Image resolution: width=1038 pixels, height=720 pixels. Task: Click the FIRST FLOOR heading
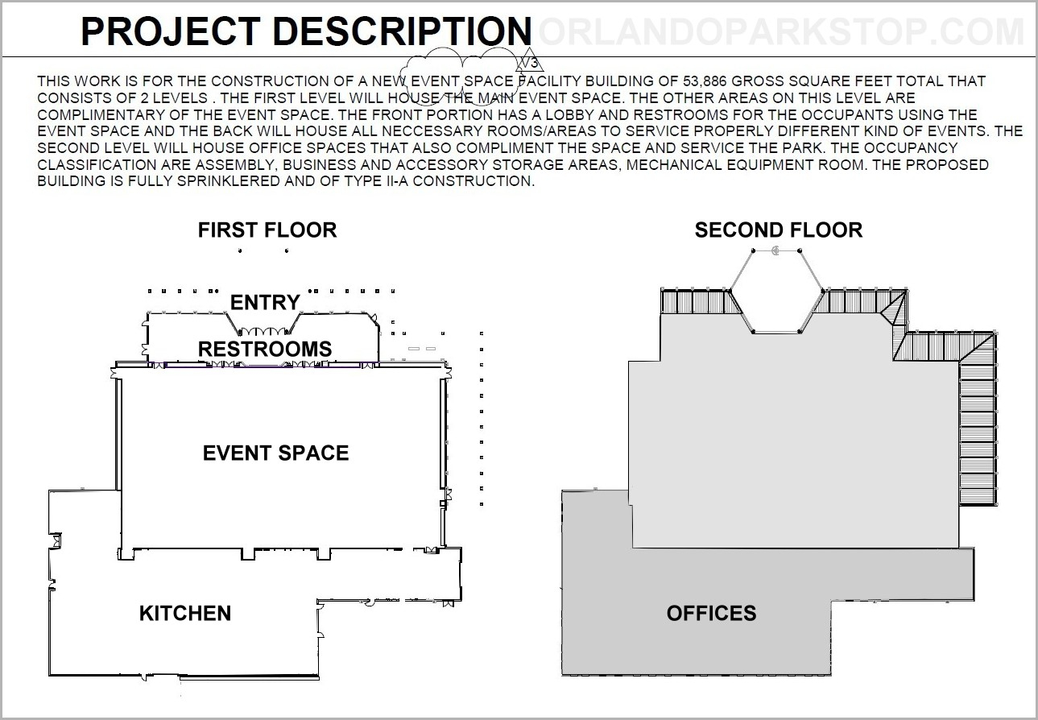[267, 230]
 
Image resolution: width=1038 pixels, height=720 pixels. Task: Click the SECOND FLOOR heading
[779, 230]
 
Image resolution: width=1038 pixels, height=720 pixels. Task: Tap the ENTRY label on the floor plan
[265, 303]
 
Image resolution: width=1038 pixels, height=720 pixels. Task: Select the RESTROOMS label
[265, 350]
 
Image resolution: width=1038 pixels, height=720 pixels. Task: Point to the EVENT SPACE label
[275, 453]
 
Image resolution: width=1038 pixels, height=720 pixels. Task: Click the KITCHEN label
[185, 614]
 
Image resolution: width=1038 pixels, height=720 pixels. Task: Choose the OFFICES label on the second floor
[712, 614]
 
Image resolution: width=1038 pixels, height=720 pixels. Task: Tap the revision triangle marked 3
[530, 60]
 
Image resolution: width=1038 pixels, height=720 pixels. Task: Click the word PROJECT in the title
[171, 31]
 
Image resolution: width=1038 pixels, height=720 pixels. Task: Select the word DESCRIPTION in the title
[402, 31]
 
